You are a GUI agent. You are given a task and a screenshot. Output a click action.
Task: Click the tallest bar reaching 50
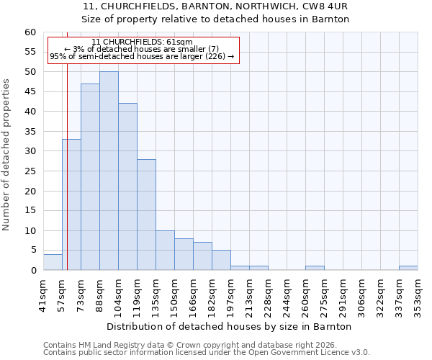[109, 171]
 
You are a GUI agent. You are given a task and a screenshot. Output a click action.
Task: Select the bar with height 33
[71, 204]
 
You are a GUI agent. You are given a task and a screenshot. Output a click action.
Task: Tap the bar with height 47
[90, 176]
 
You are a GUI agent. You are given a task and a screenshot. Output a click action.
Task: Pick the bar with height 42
[127, 186]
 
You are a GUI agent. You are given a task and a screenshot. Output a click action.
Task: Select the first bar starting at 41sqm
[53, 262]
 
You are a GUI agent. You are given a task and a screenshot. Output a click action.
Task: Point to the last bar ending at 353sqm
[408, 268]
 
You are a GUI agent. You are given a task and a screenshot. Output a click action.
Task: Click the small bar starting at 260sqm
[315, 268]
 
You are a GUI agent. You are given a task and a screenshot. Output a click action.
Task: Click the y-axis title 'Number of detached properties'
[7, 155]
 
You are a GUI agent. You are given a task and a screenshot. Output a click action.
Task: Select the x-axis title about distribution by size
[228, 326]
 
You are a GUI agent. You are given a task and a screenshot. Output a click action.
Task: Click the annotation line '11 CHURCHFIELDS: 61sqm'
[142, 42]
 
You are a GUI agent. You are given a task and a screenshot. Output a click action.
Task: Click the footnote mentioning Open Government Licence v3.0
[207, 352]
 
